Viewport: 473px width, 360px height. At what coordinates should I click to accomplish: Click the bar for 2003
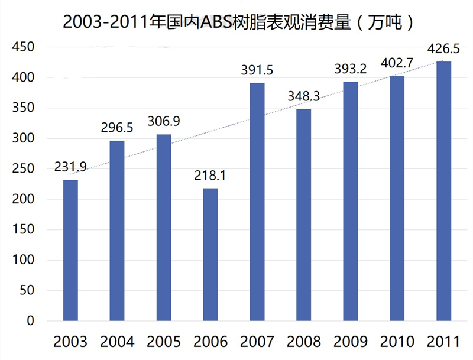click(x=70, y=250)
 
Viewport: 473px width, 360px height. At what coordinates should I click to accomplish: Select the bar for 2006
click(x=210, y=254)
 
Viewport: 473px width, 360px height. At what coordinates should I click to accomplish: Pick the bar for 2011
click(x=444, y=191)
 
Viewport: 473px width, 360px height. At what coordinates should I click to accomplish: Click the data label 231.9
click(x=71, y=167)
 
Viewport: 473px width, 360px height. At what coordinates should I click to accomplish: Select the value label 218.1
click(x=210, y=176)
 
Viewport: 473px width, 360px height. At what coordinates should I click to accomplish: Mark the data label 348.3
click(x=303, y=96)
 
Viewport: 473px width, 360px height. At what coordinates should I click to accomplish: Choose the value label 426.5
click(x=444, y=48)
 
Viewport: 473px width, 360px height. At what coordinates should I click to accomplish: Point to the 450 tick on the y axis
click(x=24, y=47)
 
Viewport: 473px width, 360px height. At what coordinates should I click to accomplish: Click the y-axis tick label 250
click(x=24, y=169)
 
